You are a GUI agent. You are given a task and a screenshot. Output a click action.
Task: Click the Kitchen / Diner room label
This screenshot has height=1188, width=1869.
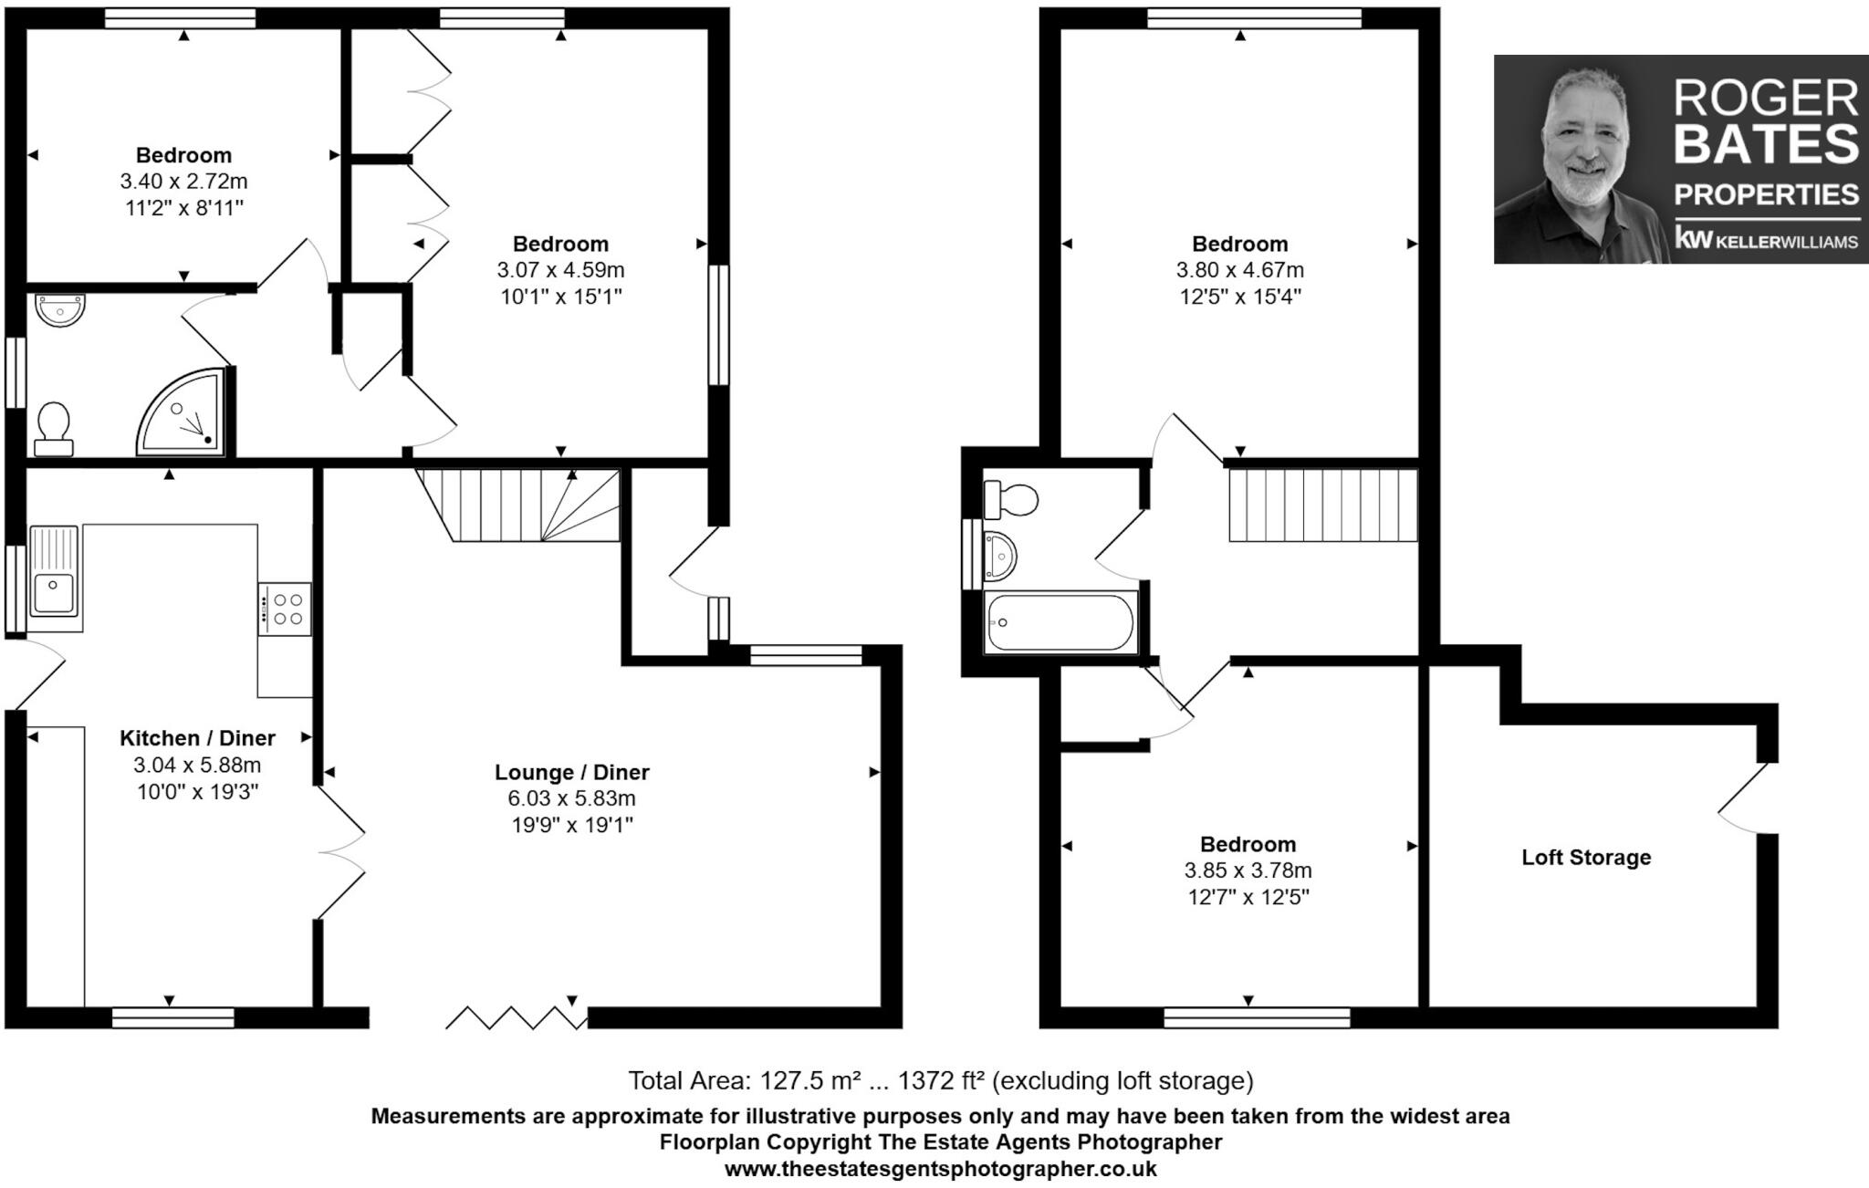click(197, 738)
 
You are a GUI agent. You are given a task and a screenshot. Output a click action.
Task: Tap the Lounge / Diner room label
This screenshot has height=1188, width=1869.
click(571, 772)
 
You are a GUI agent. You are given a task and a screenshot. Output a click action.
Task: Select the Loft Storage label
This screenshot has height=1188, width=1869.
click(1586, 858)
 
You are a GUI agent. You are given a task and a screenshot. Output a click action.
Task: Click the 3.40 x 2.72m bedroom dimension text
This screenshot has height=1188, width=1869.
click(183, 182)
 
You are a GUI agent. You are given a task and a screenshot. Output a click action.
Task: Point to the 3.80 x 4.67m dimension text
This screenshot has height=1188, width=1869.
click(1239, 270)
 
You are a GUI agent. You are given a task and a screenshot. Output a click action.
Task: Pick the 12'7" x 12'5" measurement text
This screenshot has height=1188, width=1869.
click(1248, 897)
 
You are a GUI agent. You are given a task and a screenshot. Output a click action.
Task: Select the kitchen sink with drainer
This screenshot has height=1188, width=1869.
click(55, 573)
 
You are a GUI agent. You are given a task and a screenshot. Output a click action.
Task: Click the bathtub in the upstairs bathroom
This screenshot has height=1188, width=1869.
click(1060, 622)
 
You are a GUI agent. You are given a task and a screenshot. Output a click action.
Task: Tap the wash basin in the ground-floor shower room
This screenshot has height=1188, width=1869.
click(60, 310)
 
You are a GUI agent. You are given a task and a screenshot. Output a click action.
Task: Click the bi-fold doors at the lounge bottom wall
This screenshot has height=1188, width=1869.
click(516, 1016)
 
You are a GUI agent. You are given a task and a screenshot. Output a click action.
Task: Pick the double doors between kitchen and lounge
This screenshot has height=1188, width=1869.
click(341, 852)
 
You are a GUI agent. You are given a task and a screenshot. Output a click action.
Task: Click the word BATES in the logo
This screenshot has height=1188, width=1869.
click(1766, 144)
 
